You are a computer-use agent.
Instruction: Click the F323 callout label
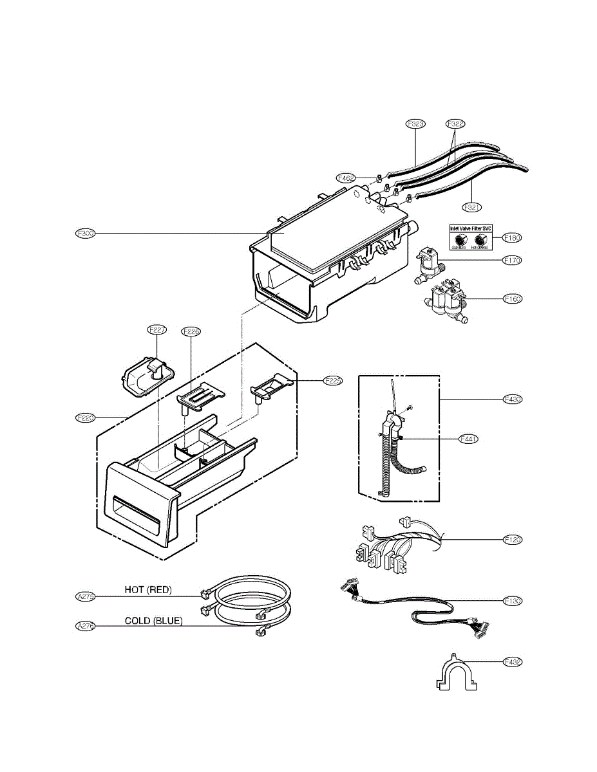click(416, 123)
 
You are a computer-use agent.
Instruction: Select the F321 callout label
click(472, 207)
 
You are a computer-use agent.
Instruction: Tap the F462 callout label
click(346, 178)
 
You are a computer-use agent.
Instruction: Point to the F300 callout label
click(85, 233)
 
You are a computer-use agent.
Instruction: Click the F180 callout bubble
click(512, 237)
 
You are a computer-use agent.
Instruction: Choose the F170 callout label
click(512, 261)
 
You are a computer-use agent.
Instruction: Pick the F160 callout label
click(512, 299)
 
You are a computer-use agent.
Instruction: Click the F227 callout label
click(157, 331)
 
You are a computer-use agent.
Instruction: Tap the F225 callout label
click(315, 380)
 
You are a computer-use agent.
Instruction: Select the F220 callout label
click(85, 418)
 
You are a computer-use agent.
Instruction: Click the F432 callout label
click(512, 661)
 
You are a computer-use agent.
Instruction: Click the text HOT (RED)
click(148, 589)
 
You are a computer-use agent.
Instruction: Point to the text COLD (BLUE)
click(153, 621)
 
